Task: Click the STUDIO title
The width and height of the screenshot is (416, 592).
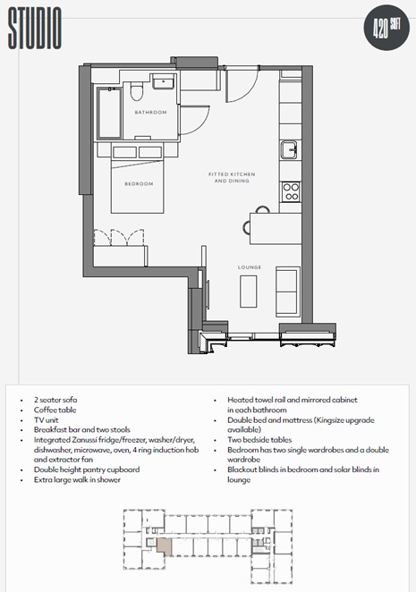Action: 35,29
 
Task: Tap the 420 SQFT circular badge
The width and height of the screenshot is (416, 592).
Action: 386,28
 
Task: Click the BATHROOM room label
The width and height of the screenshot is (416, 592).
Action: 151,112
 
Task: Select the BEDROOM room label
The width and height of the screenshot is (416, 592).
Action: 139,184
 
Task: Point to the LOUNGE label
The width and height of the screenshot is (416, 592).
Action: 250,267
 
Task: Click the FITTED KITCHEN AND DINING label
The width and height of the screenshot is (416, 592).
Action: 232,177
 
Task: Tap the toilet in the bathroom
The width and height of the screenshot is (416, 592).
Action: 136,91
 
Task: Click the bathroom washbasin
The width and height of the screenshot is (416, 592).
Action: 163,81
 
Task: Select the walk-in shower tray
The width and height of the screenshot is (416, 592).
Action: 109,113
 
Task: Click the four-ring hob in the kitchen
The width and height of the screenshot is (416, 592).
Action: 292,191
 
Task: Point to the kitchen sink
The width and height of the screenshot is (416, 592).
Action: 289,149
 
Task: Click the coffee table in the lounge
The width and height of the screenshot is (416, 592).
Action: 249,292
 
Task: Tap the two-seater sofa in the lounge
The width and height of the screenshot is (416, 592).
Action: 288,292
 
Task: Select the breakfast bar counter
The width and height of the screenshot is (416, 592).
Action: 276,228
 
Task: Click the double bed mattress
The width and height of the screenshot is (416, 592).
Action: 137,186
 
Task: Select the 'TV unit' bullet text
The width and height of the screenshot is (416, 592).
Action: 47,419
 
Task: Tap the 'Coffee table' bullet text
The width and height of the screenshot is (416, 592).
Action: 55,410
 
